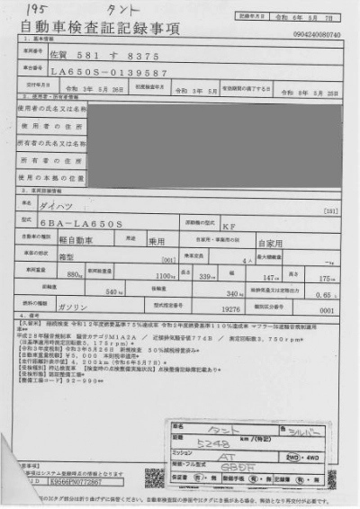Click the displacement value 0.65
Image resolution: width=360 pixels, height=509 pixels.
[x=328, y=293]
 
